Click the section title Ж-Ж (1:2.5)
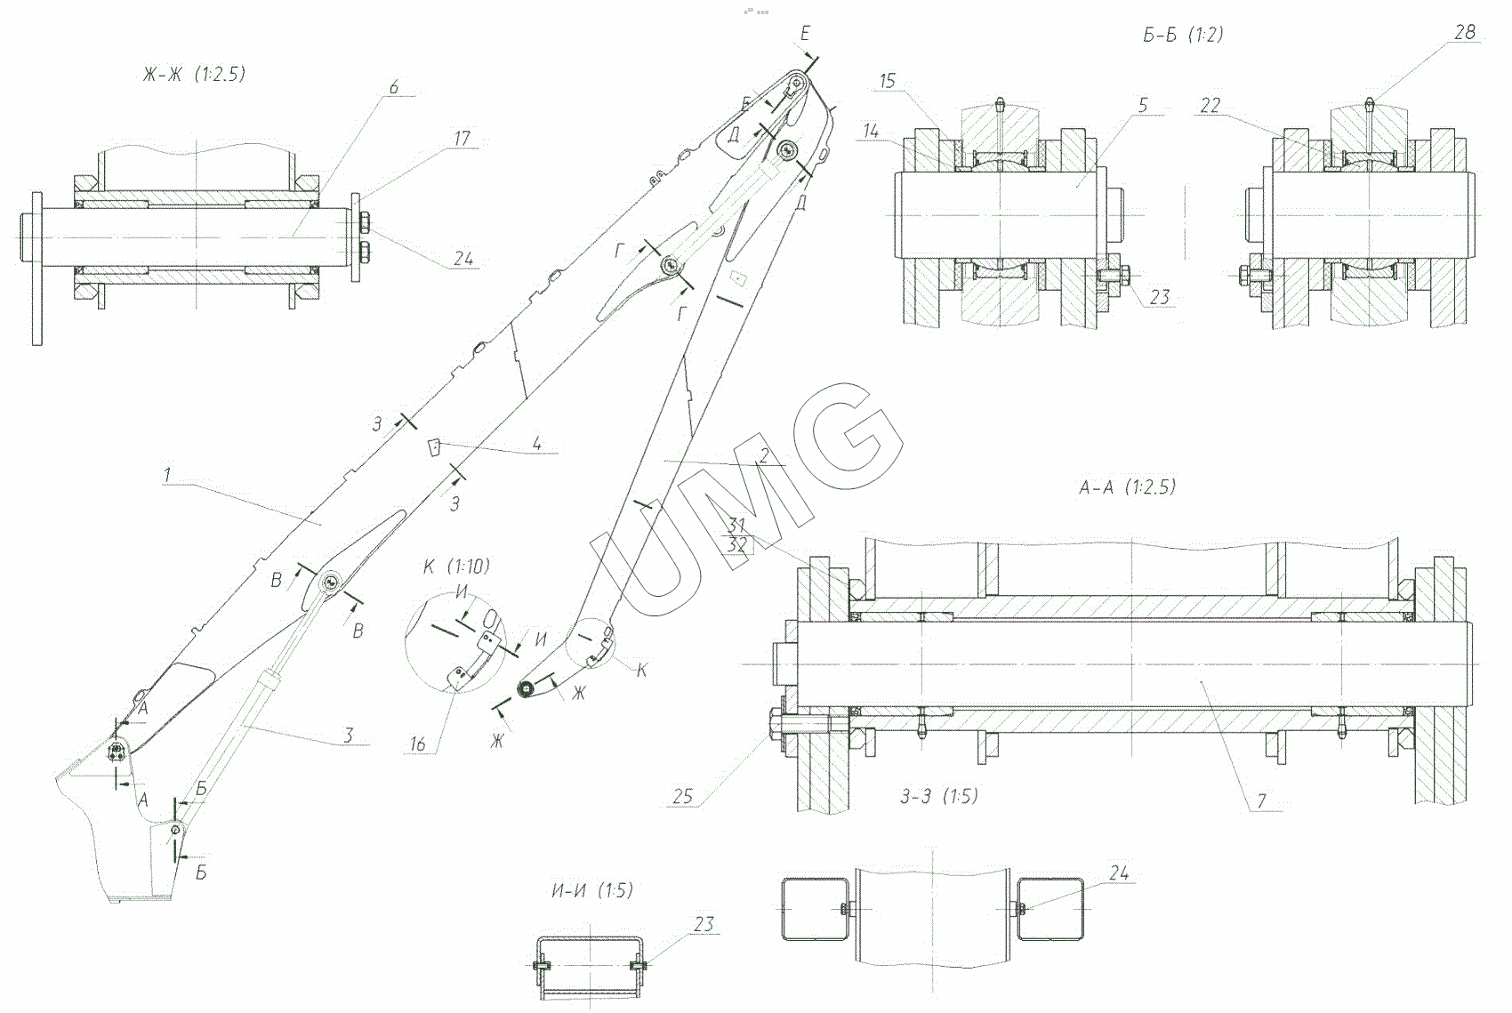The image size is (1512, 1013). [193, 74]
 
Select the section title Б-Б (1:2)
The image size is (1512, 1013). [1182, 35]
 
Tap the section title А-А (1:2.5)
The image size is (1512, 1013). [1126, 486]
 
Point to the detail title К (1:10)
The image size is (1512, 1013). [457, 567]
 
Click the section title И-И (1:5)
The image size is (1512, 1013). [591, 889]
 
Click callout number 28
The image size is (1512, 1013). [1464, 32]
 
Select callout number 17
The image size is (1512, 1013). [462, 138]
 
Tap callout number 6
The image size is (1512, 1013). [394, 87]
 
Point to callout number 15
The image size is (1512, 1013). [887, 81]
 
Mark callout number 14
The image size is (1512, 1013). [870, 132]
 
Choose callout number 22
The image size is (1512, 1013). [1210, 105]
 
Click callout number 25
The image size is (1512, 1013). [682, 796]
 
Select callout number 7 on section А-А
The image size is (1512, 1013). [1261, 800]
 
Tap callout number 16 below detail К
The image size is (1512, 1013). [417, 744]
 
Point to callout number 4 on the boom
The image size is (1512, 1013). [537, 443]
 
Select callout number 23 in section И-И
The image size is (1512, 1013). [703, 924]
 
